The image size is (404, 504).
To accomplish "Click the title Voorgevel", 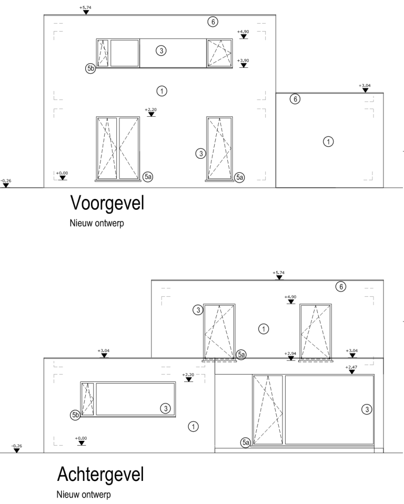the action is [107, 204].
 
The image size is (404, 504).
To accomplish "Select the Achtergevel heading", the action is [100, 475].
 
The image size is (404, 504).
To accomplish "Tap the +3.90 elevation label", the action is [243, 61].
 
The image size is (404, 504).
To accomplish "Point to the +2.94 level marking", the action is [290, 354].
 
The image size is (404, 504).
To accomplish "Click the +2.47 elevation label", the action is [351, 367].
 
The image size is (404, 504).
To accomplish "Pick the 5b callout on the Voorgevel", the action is [90, 68].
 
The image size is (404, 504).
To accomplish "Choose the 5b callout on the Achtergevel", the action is [75, 415].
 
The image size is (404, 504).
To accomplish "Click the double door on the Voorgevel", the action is [118, 148].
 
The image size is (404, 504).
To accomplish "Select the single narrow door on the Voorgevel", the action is [219, 148].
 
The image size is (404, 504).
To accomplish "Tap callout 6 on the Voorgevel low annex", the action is [295, 99].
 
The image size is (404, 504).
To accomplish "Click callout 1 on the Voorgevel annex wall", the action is [328, 142].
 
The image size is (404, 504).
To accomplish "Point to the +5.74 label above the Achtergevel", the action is [279, 273].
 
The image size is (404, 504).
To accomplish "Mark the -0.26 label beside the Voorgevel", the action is [5, 180].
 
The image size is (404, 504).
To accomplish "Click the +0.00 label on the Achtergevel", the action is [81, 438].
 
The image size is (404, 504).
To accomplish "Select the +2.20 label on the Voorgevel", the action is [151, 109].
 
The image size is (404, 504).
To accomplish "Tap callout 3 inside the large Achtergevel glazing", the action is [367, 409].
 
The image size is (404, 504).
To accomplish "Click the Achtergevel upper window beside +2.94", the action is [316, 331].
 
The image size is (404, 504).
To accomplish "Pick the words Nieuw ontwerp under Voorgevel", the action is [97, 223].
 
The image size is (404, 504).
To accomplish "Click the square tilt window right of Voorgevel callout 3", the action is [219, 53].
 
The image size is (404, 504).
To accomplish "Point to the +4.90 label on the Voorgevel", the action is [243, 32].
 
